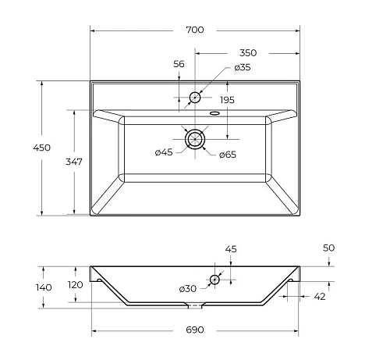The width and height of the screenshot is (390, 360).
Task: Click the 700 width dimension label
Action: [195, 30]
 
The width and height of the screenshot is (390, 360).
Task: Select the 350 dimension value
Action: [247, 52]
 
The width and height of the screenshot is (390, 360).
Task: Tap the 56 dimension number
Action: [179, 65]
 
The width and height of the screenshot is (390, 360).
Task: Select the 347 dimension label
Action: [74, 162]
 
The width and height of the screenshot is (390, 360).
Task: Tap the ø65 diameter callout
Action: [227, 155]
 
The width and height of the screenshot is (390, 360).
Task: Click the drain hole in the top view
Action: [194, 139]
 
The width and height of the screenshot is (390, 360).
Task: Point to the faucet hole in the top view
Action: [195, 98]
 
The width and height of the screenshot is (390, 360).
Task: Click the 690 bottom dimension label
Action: [194, 330]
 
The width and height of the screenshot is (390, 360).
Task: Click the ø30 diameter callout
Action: [188, 289]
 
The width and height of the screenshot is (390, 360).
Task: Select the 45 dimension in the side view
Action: [230, 249]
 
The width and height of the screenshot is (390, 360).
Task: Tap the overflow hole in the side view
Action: [214, 278]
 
